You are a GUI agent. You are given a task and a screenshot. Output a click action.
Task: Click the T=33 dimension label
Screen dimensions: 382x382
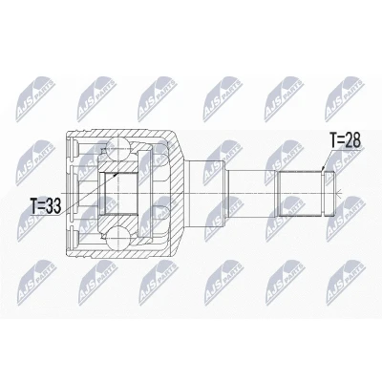pos(46,205)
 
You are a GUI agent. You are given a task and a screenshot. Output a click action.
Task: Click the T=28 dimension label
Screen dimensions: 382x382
pos(345,140)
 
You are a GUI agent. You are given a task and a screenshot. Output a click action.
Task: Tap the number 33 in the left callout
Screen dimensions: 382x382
pos(53,205)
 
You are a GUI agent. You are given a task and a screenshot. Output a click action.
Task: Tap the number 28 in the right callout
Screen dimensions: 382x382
pos(352,140)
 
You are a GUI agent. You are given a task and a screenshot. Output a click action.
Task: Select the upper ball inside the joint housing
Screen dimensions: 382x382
pos(117,150)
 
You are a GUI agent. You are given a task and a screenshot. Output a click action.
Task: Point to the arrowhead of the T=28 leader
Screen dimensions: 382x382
pos(322,168)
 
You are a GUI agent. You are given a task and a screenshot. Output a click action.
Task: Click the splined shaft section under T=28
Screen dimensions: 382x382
pos(299,194)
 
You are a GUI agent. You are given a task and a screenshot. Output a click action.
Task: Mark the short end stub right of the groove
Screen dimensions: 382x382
pos(330,194)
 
